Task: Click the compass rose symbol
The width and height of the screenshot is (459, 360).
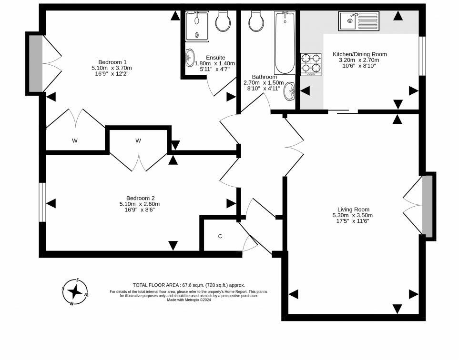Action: pos(75,291)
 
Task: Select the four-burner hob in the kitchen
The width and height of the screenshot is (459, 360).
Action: pos(310,64)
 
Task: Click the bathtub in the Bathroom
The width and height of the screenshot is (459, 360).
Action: pos(285,43)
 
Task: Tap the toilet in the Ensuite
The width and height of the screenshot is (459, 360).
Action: pos(223,21)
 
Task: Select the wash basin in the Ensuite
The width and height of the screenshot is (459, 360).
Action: pos(190,58)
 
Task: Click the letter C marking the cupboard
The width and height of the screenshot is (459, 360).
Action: pos(220,236)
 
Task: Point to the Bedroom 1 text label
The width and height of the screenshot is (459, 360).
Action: pos(112,62)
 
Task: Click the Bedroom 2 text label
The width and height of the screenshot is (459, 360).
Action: pos(140,198)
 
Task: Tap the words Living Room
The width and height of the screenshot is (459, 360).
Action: pos(353,209)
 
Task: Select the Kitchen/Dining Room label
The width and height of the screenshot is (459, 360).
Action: pos(359,54)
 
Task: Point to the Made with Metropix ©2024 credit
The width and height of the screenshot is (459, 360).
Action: pos(189,300)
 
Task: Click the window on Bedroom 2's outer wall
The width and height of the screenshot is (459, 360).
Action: pos(43,203)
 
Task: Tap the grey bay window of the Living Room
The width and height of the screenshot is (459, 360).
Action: pos(428,206)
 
